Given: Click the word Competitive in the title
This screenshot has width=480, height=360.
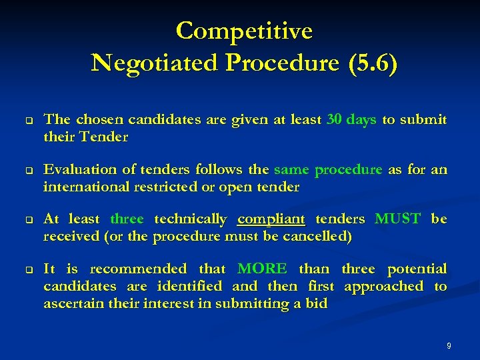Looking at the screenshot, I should click(x=244, y=31).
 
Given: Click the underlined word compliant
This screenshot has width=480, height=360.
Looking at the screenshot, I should click(x=271, y=219).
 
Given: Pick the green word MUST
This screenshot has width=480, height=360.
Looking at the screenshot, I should click(x=398, y=219).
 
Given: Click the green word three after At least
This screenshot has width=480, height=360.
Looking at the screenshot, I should click(x=127, y=219).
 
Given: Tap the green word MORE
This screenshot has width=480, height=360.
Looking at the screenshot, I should click(x=262, y=269).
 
